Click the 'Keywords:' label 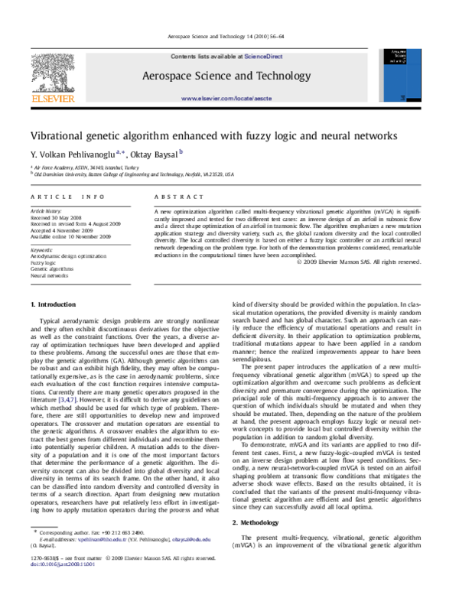pos(42,249)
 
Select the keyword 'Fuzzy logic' pos(44,262)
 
